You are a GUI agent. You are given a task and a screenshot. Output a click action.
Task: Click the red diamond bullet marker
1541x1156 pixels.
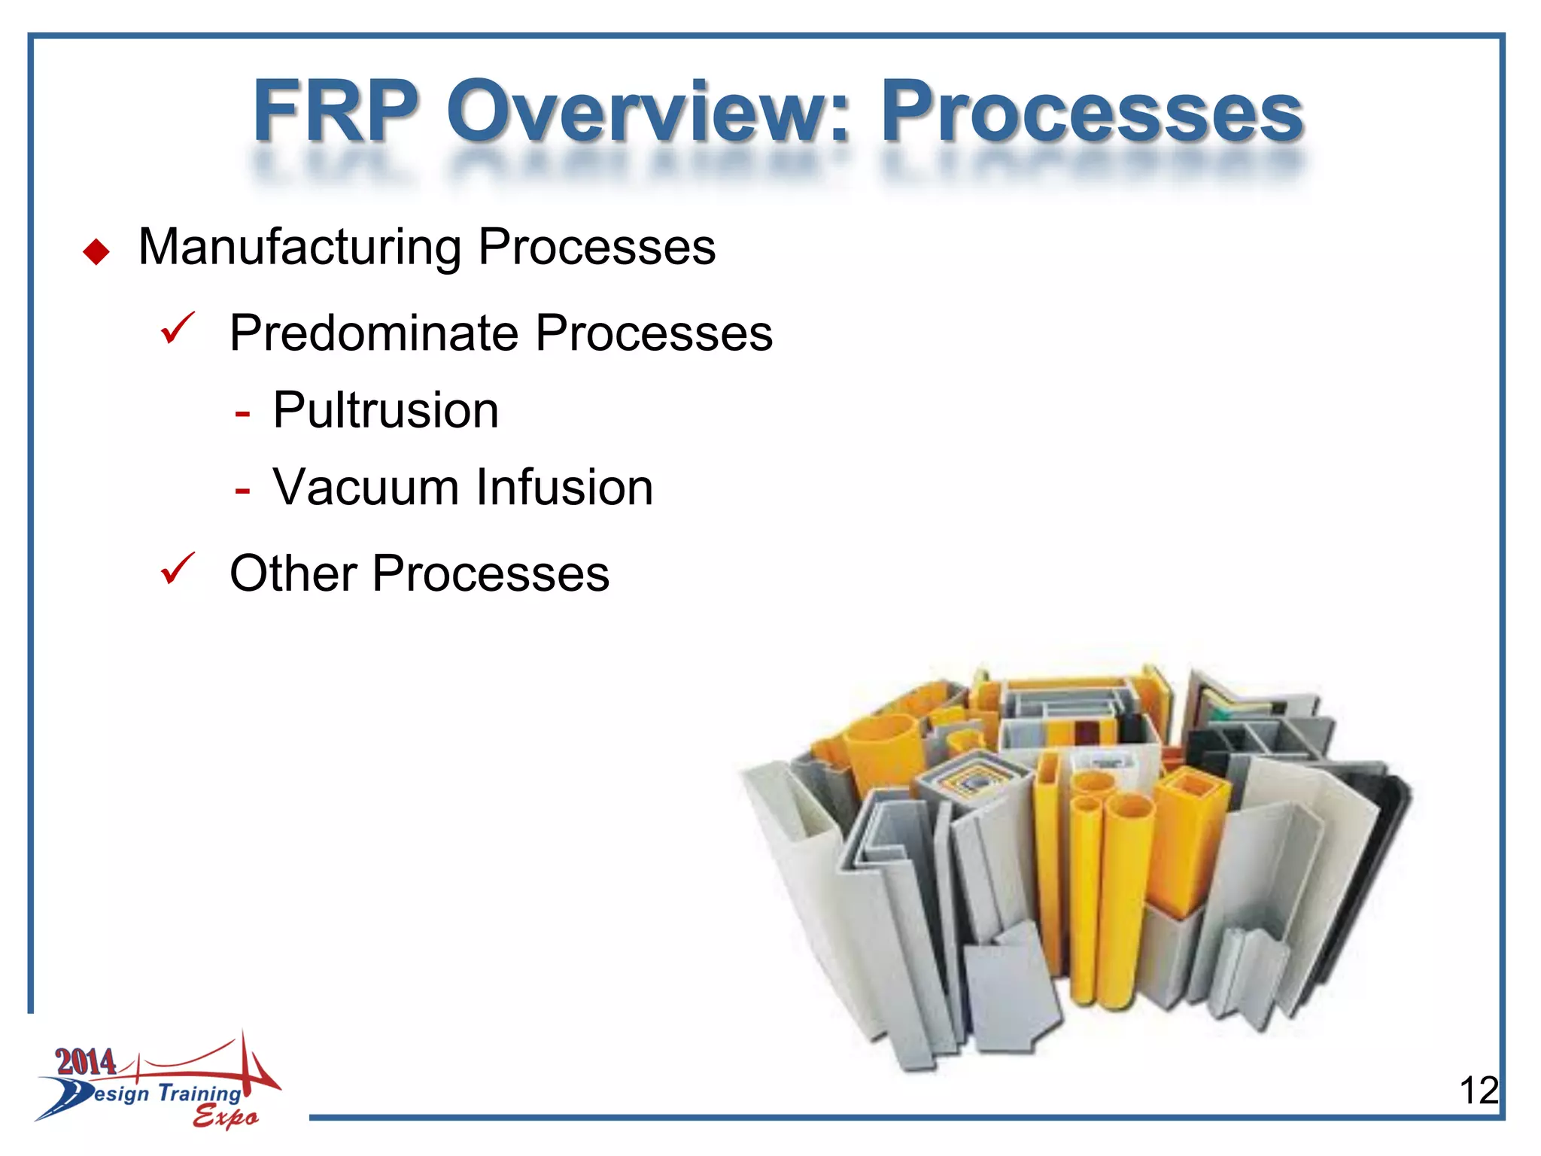(96, 251)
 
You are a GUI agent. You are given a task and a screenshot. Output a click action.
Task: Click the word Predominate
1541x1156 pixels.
(375, 333)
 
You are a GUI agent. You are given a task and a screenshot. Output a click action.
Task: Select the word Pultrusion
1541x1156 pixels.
(385, 411)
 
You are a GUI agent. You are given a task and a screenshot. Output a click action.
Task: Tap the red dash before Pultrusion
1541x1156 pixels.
(242, 414)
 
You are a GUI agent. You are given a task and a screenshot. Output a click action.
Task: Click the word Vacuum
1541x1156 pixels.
(366, 487)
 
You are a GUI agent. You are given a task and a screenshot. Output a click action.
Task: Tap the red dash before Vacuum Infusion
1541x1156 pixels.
(242, 491)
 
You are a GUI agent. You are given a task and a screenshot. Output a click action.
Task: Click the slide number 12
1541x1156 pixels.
(1478, 1090)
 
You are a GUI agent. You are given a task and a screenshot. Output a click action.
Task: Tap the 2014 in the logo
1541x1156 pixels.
(86, 1062)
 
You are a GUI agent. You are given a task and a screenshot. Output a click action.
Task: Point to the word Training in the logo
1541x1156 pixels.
(199, 1093)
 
